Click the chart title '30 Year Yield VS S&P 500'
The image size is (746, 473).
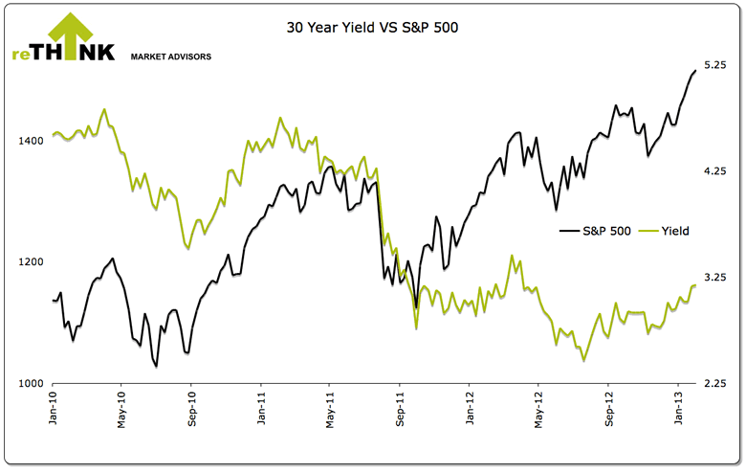373,28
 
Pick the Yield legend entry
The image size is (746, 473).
672,231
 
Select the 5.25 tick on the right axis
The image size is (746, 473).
715,65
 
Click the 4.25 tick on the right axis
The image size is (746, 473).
715,171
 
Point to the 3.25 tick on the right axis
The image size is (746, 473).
715,278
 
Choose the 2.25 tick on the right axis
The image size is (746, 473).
715,383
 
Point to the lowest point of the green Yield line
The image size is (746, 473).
583,361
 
